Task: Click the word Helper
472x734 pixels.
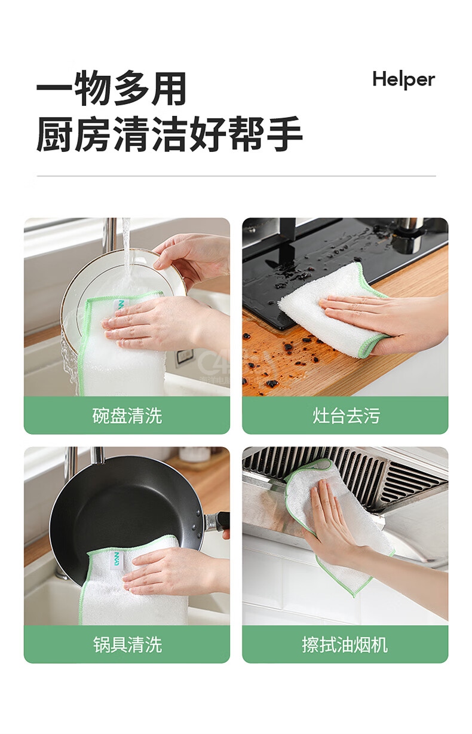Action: pyautogui.click(x=403, y=80)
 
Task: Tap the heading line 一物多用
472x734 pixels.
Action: pyautogui.click(x=111, y=88)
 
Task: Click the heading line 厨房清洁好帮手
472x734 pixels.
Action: pyautogui.click(x=169, y=134)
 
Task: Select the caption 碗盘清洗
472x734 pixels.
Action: pyautogui.click(x=127, y=416)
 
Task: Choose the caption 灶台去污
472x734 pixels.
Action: pyautogui.click(x=345, y=416)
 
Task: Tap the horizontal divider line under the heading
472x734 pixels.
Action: pyautogui.click(x=236, y=176)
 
